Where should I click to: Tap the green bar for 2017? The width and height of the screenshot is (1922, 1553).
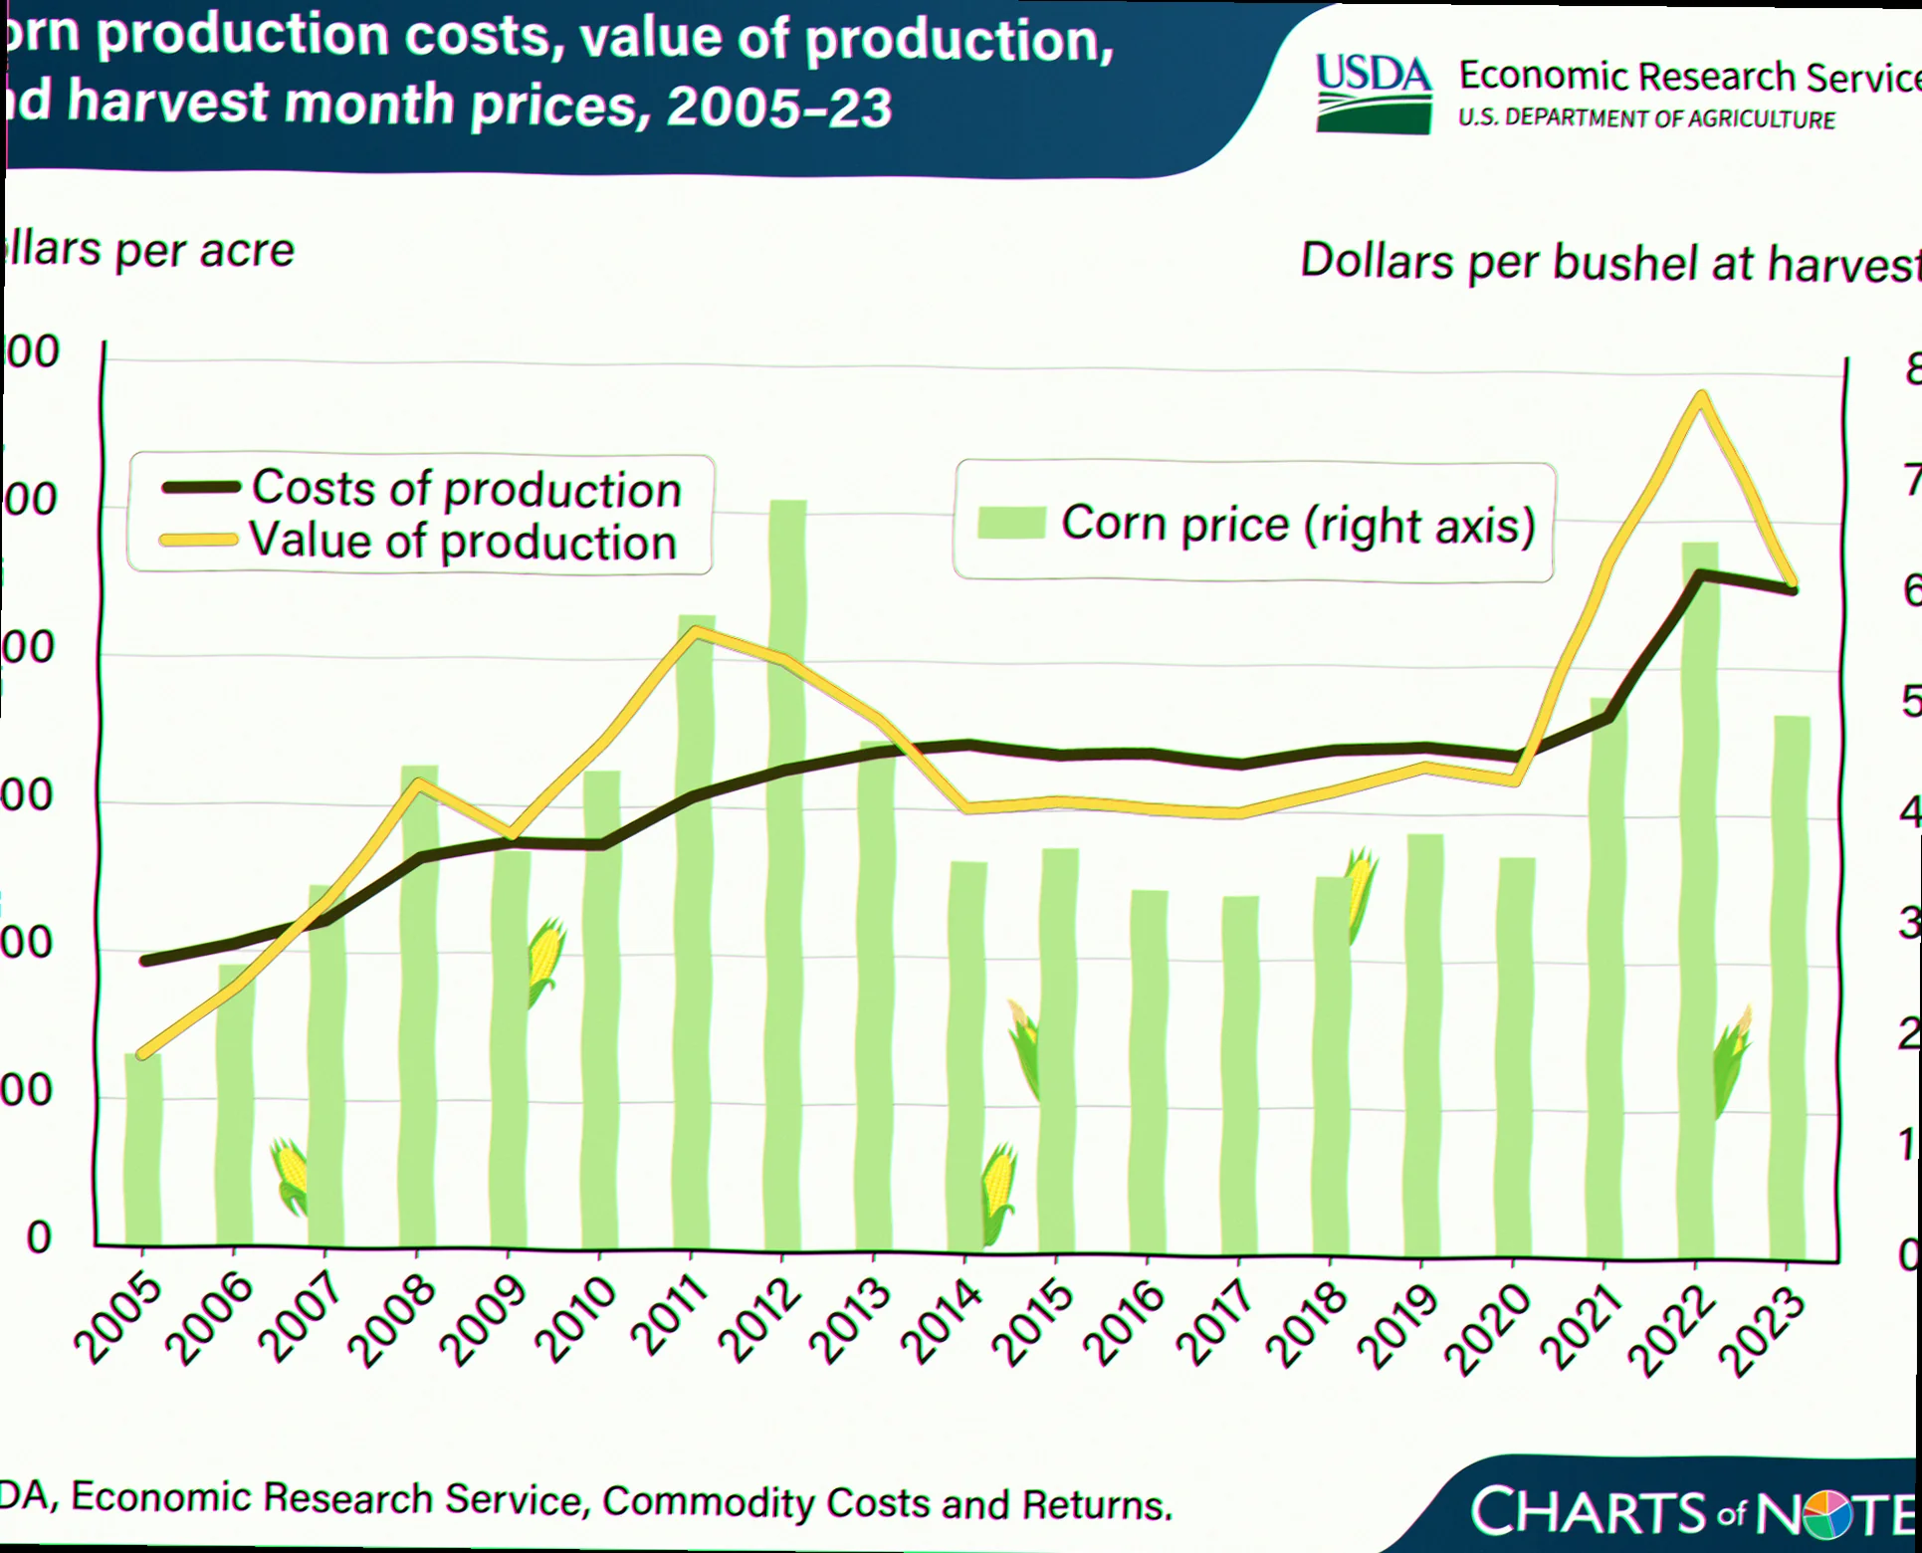pos(1240,1075)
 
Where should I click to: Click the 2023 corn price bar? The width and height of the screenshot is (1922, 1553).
pos(1791,986)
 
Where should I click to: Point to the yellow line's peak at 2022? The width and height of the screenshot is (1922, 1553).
pos(1702,397)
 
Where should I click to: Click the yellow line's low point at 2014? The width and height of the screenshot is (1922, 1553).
pos(965,807)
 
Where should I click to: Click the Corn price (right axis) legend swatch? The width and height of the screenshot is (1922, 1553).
pos(1010,523)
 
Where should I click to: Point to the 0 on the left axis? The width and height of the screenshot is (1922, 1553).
pos(39,1237)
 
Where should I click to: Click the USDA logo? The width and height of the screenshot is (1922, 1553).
pos(1374,94)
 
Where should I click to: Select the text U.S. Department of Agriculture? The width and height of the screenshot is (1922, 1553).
pos(1646,118)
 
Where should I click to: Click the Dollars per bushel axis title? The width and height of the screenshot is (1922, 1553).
pos(1608,263)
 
